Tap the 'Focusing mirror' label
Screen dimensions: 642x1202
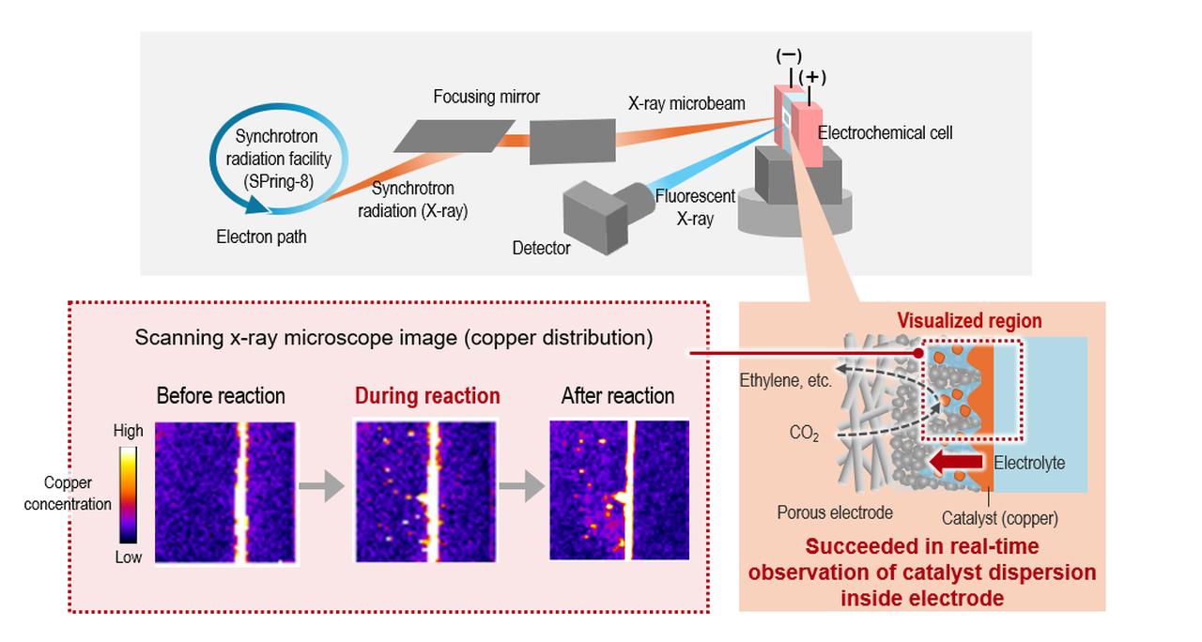pyautogui.click(x=486, y=98)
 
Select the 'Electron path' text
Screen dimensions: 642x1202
pyautogui.click(x=261, y=237)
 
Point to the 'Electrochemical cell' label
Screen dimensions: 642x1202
pyautogui.click(x=885, y=133)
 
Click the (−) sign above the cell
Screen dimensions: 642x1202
pyautogui.click(x=788, y=55)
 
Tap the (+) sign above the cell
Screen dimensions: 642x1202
pyautogui.click(x=811, y=76)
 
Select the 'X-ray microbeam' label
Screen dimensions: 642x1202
pyautogui.click(x=686, y=103)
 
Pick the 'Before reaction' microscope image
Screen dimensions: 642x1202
pyautogui.click(x=224, y=492)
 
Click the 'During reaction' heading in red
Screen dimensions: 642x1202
pyautogui.click(x=427, y=396)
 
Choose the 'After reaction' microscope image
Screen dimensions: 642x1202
pyautogui.click(x=619, y=491)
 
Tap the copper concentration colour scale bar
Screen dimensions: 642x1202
pyautogui.click(x=129, y=495)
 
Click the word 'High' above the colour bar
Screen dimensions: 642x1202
pyautogui.click(x=128, y=431)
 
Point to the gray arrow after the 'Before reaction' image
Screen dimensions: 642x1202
pyautogui.click(x=320, y=486)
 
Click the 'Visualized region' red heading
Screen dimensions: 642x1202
pyautogui.click(x=969, y=321)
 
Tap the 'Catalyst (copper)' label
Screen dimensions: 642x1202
pyautogui.click(x=999, y=517)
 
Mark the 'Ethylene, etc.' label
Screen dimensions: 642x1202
pyautogui.click(x=785, y=383)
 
